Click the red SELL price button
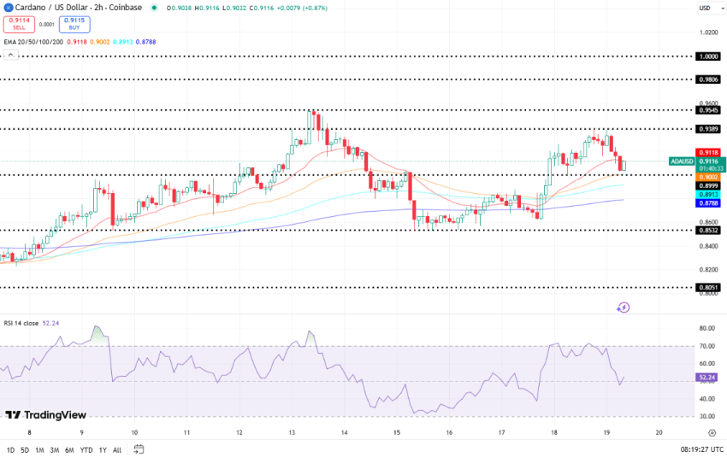click(19, 25)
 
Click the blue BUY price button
click(74, 25)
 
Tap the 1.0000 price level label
click(708, 56)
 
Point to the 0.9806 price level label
click(708, 79)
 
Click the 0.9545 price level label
click(708, 109)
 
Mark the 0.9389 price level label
click(708, 129)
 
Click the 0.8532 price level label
click(708, 230)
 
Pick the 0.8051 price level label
click(708, 288)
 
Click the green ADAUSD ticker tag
click(682, 161)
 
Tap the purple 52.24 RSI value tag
click(707, 377)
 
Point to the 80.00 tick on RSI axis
click(706, 328)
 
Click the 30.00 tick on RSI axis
click(706, 416)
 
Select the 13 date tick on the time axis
click(291, 433)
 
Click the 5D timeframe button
click(25, 449)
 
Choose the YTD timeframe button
click(86, 449)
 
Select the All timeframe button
click(117, 449)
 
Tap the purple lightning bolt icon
click(624, 307)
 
